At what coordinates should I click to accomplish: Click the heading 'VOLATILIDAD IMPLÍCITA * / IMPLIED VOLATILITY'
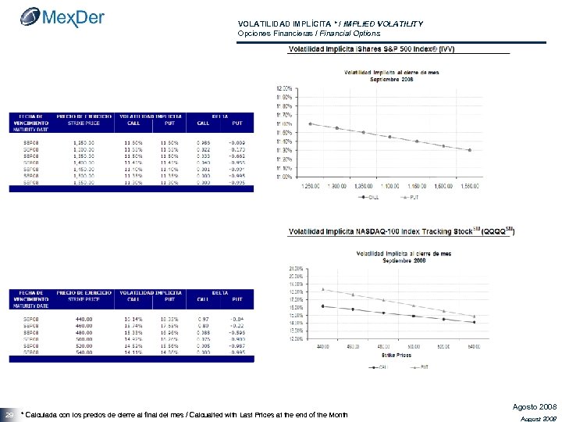329,24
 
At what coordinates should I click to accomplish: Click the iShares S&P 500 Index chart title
372,49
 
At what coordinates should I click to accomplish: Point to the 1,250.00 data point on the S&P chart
311,123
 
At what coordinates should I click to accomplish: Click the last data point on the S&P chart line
469,150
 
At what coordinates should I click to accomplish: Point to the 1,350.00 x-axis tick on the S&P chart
364,186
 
